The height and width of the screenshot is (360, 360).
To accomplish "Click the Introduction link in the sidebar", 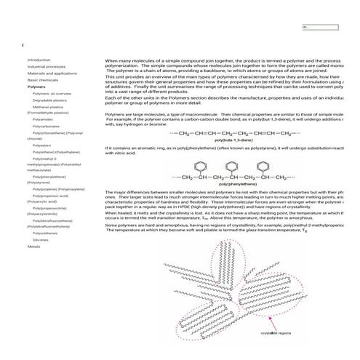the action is pos(39,60).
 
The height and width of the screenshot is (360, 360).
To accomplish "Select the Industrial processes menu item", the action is pos(47,66).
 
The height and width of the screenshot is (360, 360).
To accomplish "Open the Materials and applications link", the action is pos(52,73).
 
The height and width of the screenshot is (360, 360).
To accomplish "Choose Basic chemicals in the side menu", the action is pos(42,80).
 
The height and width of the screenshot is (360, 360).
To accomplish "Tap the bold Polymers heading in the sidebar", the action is pos(36,87).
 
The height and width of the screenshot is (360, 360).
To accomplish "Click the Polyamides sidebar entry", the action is pos(44,119).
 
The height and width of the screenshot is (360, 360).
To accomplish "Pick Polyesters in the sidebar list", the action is pos(43,145).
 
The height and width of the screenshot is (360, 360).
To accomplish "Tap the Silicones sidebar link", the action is pos(41,239).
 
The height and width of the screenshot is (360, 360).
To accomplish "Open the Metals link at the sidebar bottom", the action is pos(33,247).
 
